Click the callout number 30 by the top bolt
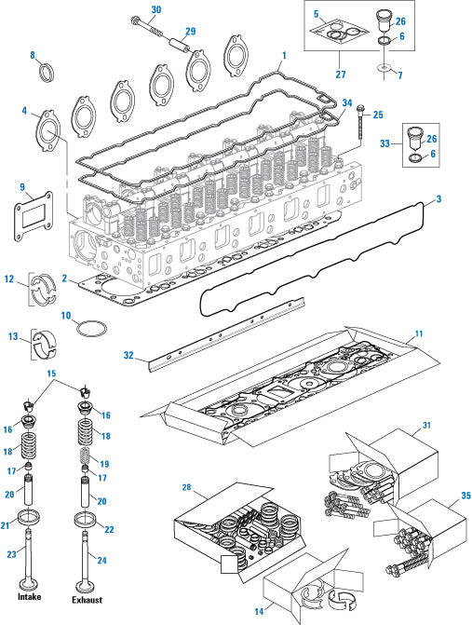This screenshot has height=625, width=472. (156, 9)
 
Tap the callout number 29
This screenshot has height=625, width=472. (190, 33)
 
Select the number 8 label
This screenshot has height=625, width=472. (33, 55)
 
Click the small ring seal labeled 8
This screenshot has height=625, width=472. (45, 73)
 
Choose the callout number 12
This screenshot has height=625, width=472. (8, 279)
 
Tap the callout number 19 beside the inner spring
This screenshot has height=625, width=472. (104, 462)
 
